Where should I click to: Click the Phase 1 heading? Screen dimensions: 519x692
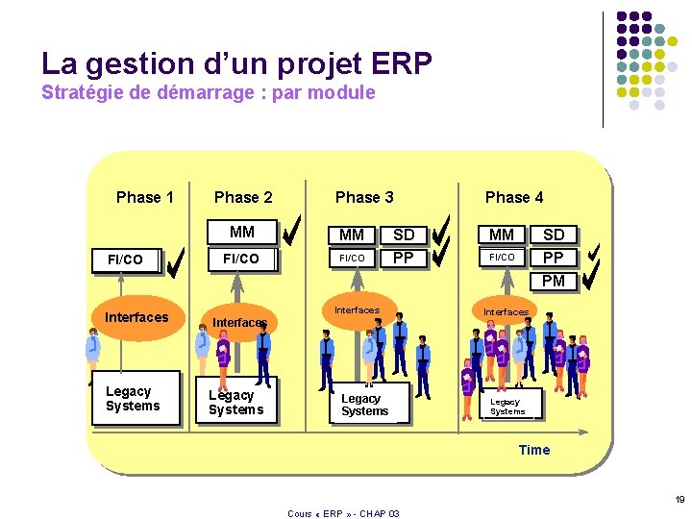tap(145, 197)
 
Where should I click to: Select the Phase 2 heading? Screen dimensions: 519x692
tap(243, 197)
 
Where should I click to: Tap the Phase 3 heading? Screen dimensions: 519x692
tap(364, 197)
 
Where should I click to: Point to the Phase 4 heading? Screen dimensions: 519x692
tap(514, 197)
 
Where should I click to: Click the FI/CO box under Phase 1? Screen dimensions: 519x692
tap(125, 259)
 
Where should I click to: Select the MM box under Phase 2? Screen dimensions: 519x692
tap(242, 232)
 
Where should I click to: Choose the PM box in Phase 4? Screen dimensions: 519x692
tap(554, 281)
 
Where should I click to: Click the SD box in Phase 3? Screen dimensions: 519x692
tap(404, 235)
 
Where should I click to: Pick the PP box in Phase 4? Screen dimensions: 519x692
tap(554, 258)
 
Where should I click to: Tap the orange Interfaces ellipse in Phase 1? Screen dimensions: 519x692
tap(136, 317)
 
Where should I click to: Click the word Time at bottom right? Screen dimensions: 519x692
tap(534, 450)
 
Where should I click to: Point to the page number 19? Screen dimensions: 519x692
tap(679, 499)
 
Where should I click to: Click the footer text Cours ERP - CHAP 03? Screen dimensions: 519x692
tap(343, 513)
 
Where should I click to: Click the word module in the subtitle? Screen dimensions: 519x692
tap(347, 93)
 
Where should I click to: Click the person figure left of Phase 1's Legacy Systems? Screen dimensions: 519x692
tap(92, 352)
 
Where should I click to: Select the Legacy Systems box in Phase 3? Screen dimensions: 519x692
tap(365, 405)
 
